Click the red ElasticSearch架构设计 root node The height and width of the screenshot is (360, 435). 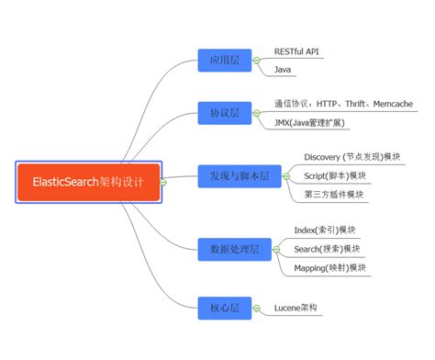pyautogui.click(x=89, y=181)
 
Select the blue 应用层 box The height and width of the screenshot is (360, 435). pyautogui.click(x=224, y=62)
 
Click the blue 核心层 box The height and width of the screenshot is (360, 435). pyautogui.click(x=224, y=308)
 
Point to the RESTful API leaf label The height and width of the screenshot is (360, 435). pyautogui.click(x=298, y=51)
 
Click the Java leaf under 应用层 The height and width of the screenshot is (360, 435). pyautogui.click(x=284, y=70)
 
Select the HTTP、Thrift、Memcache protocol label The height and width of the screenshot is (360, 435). pyautogui.click(x=342, y=103)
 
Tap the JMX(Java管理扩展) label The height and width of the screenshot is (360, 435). pyautogui.click(x=310, y=122)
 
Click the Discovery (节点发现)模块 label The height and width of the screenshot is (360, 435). pyautogui.click(x=352, y=157)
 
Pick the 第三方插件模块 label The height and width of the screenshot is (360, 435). pyautogui.click(x=333, y=194)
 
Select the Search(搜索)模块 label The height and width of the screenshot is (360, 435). pyautogui.click(x=327, y=249)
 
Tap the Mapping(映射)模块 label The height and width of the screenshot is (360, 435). pyautogui.click(x=330, y=267)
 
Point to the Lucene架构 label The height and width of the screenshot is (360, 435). pyautogui.click(x=297, y=308)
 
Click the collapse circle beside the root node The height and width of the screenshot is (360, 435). pyautogui.click(x=162, y=182)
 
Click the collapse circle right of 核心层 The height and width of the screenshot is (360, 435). pyautogui.click(x=257, y=308)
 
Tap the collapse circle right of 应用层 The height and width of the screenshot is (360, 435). pyautogui.click(x=257, y=62)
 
